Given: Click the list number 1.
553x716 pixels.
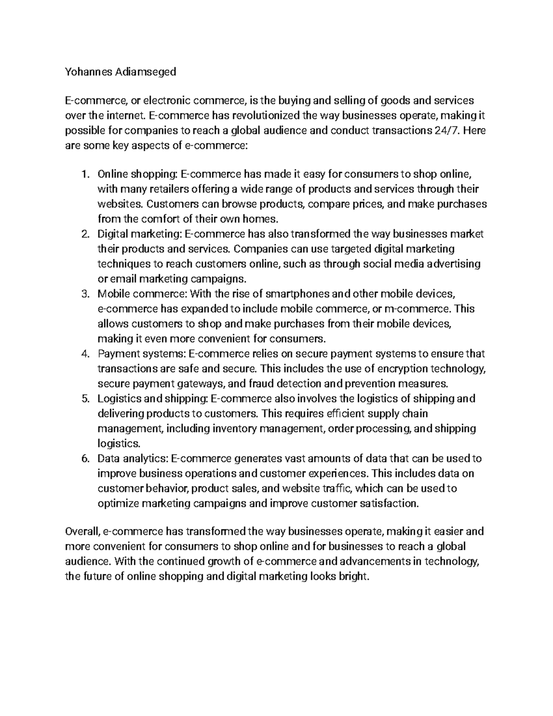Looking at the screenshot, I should (84, 174).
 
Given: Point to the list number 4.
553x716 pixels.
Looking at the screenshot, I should (84, 354).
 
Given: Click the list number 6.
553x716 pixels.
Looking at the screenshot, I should (84, 459).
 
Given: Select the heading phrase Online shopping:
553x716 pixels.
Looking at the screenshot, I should (137, 174).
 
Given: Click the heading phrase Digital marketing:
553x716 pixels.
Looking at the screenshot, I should (140, 234).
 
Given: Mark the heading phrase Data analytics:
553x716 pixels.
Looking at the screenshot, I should (132, 459).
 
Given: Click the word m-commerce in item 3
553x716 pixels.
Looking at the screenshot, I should (418, 309).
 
